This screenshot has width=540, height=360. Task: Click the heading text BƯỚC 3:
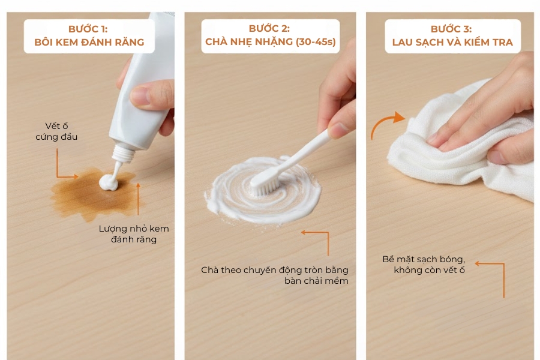pos(451,29)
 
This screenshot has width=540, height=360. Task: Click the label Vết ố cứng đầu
pos(61,131)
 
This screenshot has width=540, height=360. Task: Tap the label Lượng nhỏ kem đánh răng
pos(134,234)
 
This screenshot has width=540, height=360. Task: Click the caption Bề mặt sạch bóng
pos(424,259)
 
